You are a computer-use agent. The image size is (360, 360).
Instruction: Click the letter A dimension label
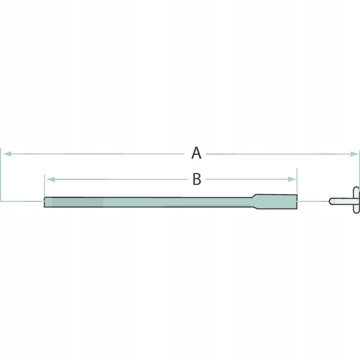pyautogui.click(x=196, y=153)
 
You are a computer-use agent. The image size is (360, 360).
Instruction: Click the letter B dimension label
pyautogui.click(x=197, y=179)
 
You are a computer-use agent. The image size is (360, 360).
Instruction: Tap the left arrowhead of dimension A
pyautogui.click(x=6, y=154)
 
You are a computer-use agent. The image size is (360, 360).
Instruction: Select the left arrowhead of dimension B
pyautogui.click(x=50, y=179)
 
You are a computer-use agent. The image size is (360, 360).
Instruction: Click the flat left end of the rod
pyautogui.click(x=45, y=202)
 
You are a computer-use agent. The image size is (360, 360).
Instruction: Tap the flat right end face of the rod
pyautogui.click(x=297, y=201)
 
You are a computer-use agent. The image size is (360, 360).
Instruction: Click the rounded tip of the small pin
pyautogui.click(x=331, y=201)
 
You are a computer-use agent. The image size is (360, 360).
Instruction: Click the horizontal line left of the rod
pyautogui.click(x=22, y=201)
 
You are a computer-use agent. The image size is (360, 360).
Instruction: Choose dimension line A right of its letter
pyautogui.click(x=279, y=154)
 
